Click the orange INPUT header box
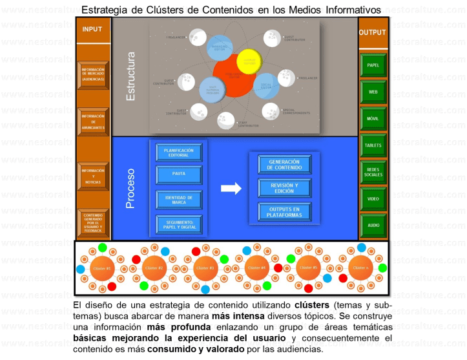tap(92, 30)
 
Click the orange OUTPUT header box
tap(373, 32)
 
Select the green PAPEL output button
tap(373, 66)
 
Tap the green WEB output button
tap(373, 92)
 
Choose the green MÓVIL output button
tap(373, 120)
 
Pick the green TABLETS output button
tap(373, 145)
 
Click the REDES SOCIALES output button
tap(373, 172)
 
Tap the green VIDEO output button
tap(373, 199)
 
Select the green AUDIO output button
tap(373, 226)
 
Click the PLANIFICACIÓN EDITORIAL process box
tap(179, 153)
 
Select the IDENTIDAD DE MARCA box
tap(179, 199)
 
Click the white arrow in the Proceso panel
tap(231, 188)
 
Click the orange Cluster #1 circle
tap(102, 268)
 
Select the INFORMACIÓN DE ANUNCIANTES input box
tap(93, 122)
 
